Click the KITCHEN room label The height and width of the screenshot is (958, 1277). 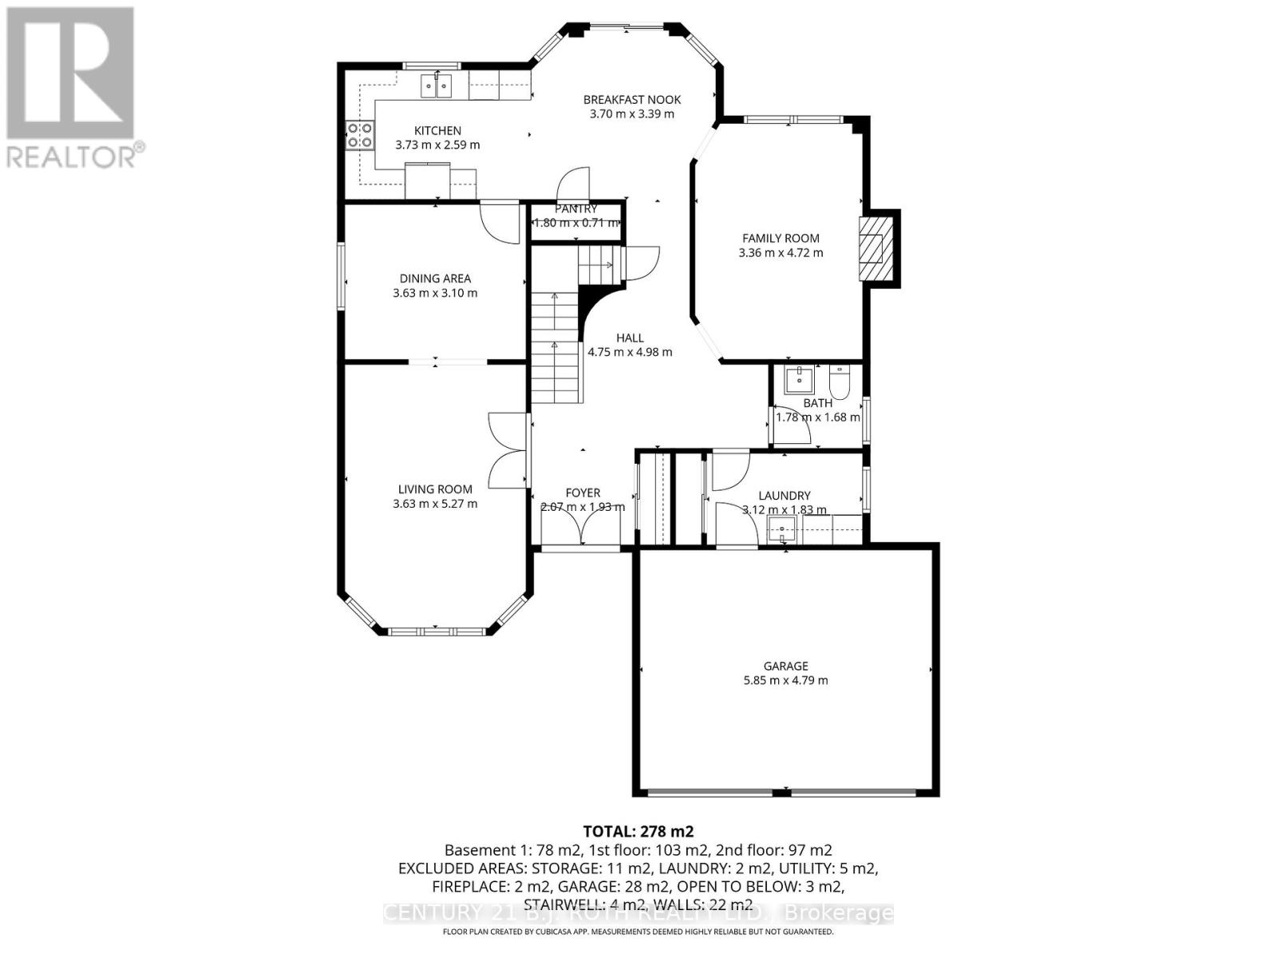437,131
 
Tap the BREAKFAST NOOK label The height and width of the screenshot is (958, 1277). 631,100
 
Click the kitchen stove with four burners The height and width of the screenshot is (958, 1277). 359,136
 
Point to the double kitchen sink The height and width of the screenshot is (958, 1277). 437,85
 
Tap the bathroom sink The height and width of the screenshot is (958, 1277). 797,380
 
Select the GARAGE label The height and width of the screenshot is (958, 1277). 785,666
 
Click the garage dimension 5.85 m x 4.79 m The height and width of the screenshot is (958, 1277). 785,681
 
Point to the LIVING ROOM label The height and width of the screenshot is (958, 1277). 435,489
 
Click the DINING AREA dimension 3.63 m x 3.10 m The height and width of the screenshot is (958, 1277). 435,293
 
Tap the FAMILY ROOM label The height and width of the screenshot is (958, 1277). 781,238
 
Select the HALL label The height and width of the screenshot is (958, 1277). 630,338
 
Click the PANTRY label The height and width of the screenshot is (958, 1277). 576,209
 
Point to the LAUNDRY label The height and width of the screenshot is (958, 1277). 785,496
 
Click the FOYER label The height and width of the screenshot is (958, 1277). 583,493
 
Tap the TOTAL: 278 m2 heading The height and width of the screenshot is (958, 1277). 633,831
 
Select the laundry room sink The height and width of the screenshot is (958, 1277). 781,529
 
